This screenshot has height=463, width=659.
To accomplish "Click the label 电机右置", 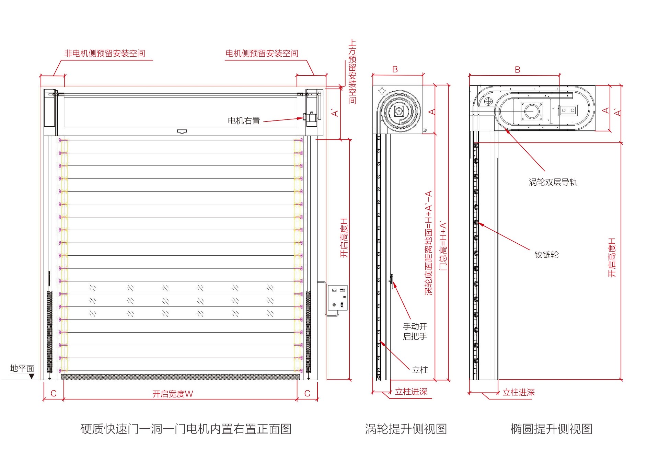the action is [244, 121].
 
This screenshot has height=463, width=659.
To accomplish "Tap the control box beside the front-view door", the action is [337, 298].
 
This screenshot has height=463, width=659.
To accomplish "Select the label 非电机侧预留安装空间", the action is [105, 53].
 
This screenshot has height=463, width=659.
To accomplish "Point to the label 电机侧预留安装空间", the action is [262, 53].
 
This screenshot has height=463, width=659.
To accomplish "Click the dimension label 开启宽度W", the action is [173, 394].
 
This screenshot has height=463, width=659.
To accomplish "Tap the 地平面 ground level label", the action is [22, 368].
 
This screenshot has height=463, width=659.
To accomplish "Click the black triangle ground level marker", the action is [32, 376].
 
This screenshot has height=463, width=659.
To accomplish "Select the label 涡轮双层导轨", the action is [553, 182].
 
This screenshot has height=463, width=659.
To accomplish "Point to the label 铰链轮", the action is [546, 254].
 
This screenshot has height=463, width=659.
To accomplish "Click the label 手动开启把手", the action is [415, 331].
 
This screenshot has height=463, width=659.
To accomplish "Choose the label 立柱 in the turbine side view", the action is [420, 370].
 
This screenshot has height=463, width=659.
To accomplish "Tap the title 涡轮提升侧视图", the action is [406, 429].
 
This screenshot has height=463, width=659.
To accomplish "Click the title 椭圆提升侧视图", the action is [551, 429].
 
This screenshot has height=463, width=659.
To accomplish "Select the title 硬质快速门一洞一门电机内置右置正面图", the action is [186, 429].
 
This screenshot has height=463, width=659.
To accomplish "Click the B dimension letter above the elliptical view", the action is [518, 70].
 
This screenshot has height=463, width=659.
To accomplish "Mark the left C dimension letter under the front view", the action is [54, 393].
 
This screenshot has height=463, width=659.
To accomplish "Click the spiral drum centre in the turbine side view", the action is [399, 111].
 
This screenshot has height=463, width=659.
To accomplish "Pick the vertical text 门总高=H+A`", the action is [443, 246].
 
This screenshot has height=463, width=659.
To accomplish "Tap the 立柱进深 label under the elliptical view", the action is [519, 392].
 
